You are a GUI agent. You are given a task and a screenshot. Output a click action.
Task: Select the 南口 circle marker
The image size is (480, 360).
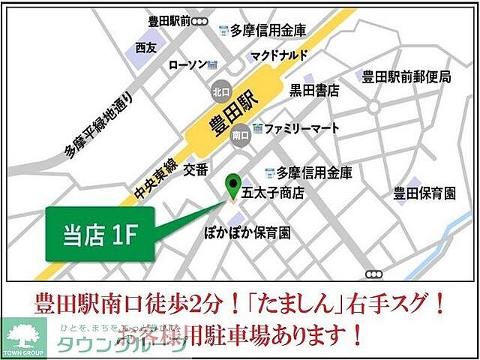[x=241, y=136]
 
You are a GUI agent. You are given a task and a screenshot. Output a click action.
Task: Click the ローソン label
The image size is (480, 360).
[x=187, y=66]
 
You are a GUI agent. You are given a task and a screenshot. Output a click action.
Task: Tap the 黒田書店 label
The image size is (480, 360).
[x=315, y=91]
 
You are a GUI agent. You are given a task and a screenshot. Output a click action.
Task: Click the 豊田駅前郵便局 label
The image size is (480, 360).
[x=406, y=77]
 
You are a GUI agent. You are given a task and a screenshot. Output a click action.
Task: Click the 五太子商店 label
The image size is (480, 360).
[x=272, y=193]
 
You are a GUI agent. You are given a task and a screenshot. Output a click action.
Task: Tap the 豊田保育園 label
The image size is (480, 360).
[x=424, y=194]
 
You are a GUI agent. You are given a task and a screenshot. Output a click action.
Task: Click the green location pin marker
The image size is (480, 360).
[x=234, y=186]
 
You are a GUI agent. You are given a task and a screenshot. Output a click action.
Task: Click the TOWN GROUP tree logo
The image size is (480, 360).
[x=24, y=338]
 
